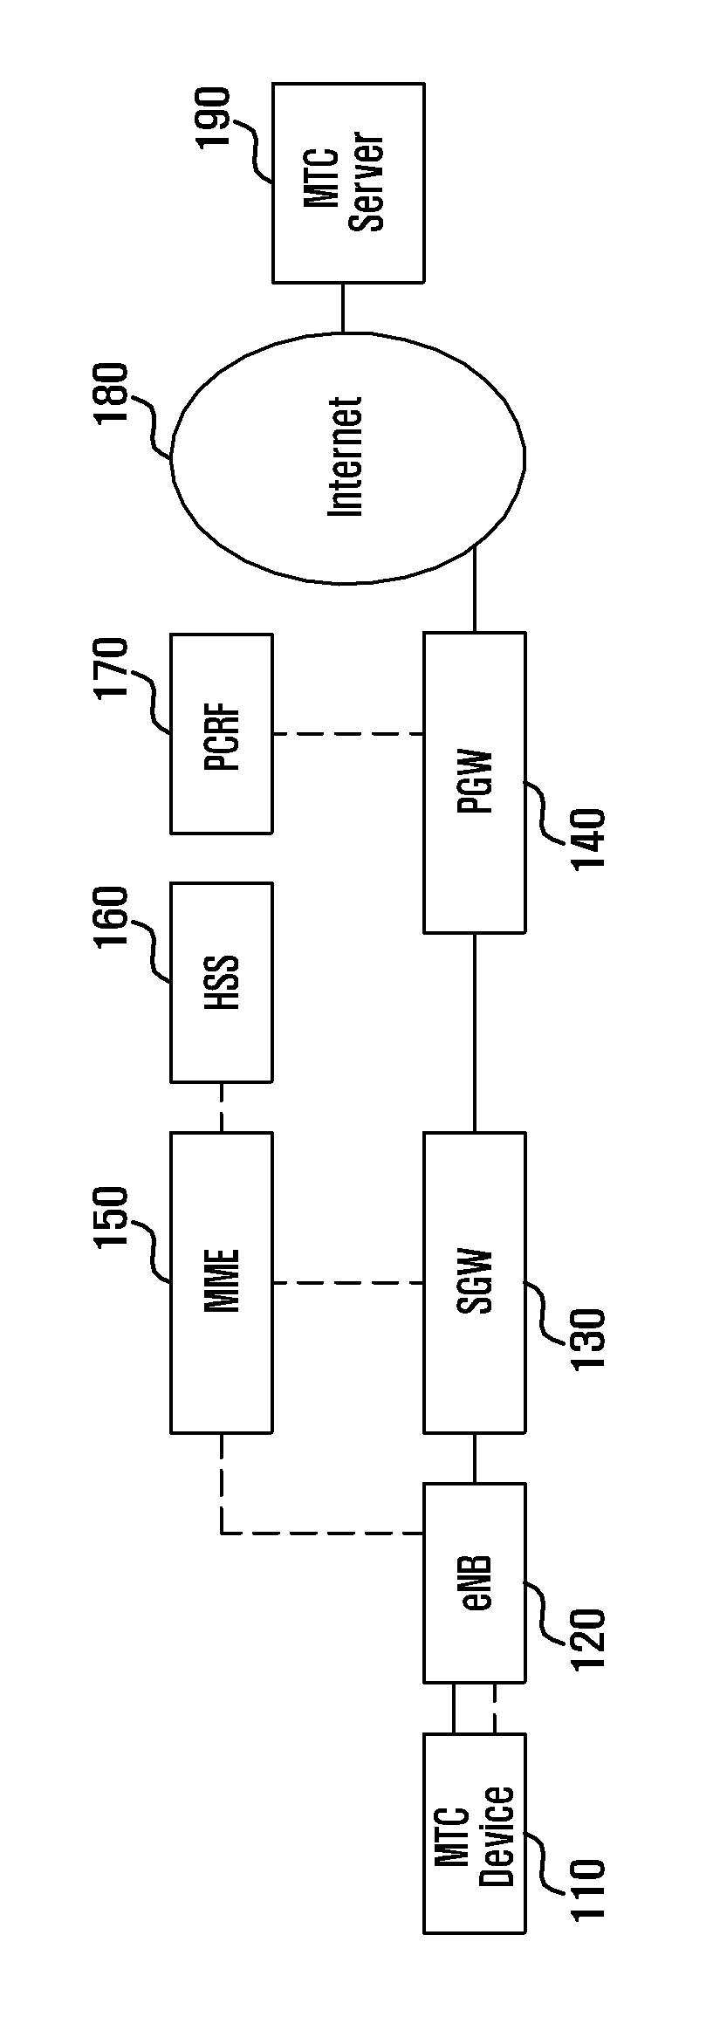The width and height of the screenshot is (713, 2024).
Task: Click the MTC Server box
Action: click(x=348, y=182)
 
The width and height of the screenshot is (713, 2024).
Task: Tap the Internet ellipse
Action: click(x=348, y=457)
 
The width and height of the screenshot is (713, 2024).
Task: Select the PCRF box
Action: click(x=221, y=733)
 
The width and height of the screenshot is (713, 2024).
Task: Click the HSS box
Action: click(x=221, y=982)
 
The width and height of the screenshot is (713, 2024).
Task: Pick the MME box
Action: click(x=221, y=1282)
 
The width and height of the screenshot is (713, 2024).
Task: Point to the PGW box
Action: click(x=475, y=783)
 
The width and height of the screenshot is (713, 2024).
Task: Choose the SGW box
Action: click(x=475, y=1282)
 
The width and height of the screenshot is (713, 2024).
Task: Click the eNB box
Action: click(x=475, y=1582)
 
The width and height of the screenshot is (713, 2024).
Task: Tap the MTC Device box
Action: click(x=475, y=1832)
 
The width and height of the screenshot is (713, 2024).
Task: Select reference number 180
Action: click(x=114, y=395)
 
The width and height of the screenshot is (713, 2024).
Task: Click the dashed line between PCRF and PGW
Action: click(x=348, y=733)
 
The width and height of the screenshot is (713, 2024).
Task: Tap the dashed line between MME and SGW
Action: click(x=348, y=1282)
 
